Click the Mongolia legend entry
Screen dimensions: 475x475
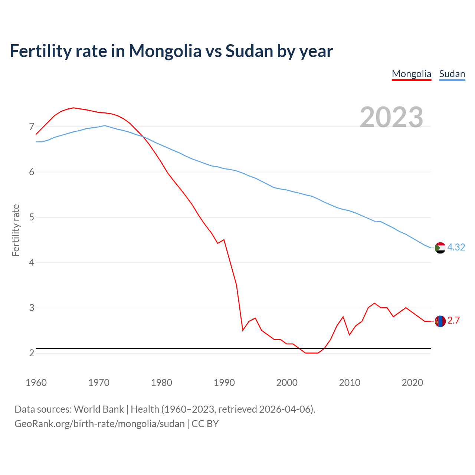(x=412, y=74)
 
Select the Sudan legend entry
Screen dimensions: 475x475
(x=452, y=74)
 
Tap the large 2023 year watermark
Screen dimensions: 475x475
(x=392, y=117)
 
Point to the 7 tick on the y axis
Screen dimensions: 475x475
(x=32, y=127)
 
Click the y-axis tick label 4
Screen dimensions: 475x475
(x=32, y=263)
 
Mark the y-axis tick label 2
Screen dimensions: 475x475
(x=32, y=353)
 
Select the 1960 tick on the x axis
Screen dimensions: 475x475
(x=36, y=383)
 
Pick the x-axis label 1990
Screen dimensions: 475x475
(x=224, y=383)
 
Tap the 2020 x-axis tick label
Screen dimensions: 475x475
(x=412, y=383)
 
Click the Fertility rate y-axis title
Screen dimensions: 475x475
(x=16, y=230)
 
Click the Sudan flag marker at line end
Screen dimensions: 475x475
(x=440, y=248)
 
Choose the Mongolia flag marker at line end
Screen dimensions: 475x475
(x=440, y=321)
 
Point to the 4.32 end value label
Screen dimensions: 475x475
(x=456, y=247)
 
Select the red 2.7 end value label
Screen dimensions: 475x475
(x=453, y=321)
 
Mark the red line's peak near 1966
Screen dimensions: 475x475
(x=73, y=108)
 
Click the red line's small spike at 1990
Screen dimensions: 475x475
(x=224, y=240)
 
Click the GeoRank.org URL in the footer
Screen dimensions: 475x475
(x=99, y=423)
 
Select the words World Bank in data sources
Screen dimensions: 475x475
(x=99, y=409)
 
